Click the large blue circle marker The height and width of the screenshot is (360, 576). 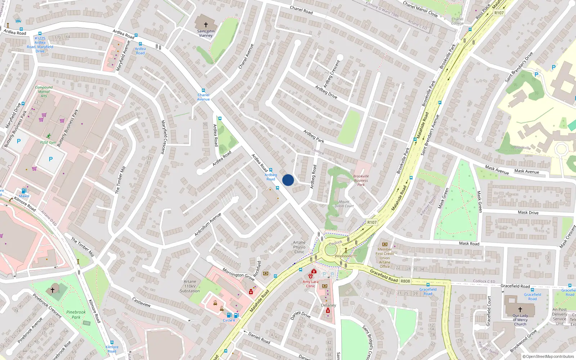click(288, 180)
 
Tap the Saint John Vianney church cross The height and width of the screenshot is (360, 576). click(206, 25)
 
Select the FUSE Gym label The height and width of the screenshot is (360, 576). click(48, 142)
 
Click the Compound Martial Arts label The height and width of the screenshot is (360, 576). click(44, 91)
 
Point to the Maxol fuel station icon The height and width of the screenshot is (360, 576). click(24, 191)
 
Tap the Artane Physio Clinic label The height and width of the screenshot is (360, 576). click(299, 247)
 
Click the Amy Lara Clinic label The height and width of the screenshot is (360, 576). click(311, 284)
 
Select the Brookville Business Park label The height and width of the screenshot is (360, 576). click(361, 180)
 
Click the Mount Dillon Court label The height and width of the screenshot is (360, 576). click(344, 204)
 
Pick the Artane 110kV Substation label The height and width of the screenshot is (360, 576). click(190, 286)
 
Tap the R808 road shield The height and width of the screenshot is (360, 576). click(405, 281)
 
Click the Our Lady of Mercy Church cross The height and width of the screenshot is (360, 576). click(520, 309)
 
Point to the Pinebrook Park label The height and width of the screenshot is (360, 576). click(76, 315)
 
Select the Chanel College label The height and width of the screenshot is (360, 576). click(458, 21)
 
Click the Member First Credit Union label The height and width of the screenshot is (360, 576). click(384, 258)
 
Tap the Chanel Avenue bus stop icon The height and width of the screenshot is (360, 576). click(203, 91)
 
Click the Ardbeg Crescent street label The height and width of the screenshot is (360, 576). click(332, 74)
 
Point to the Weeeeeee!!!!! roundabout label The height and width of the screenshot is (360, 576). click(346, 256)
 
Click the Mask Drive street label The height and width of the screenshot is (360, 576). click(528, 212)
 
